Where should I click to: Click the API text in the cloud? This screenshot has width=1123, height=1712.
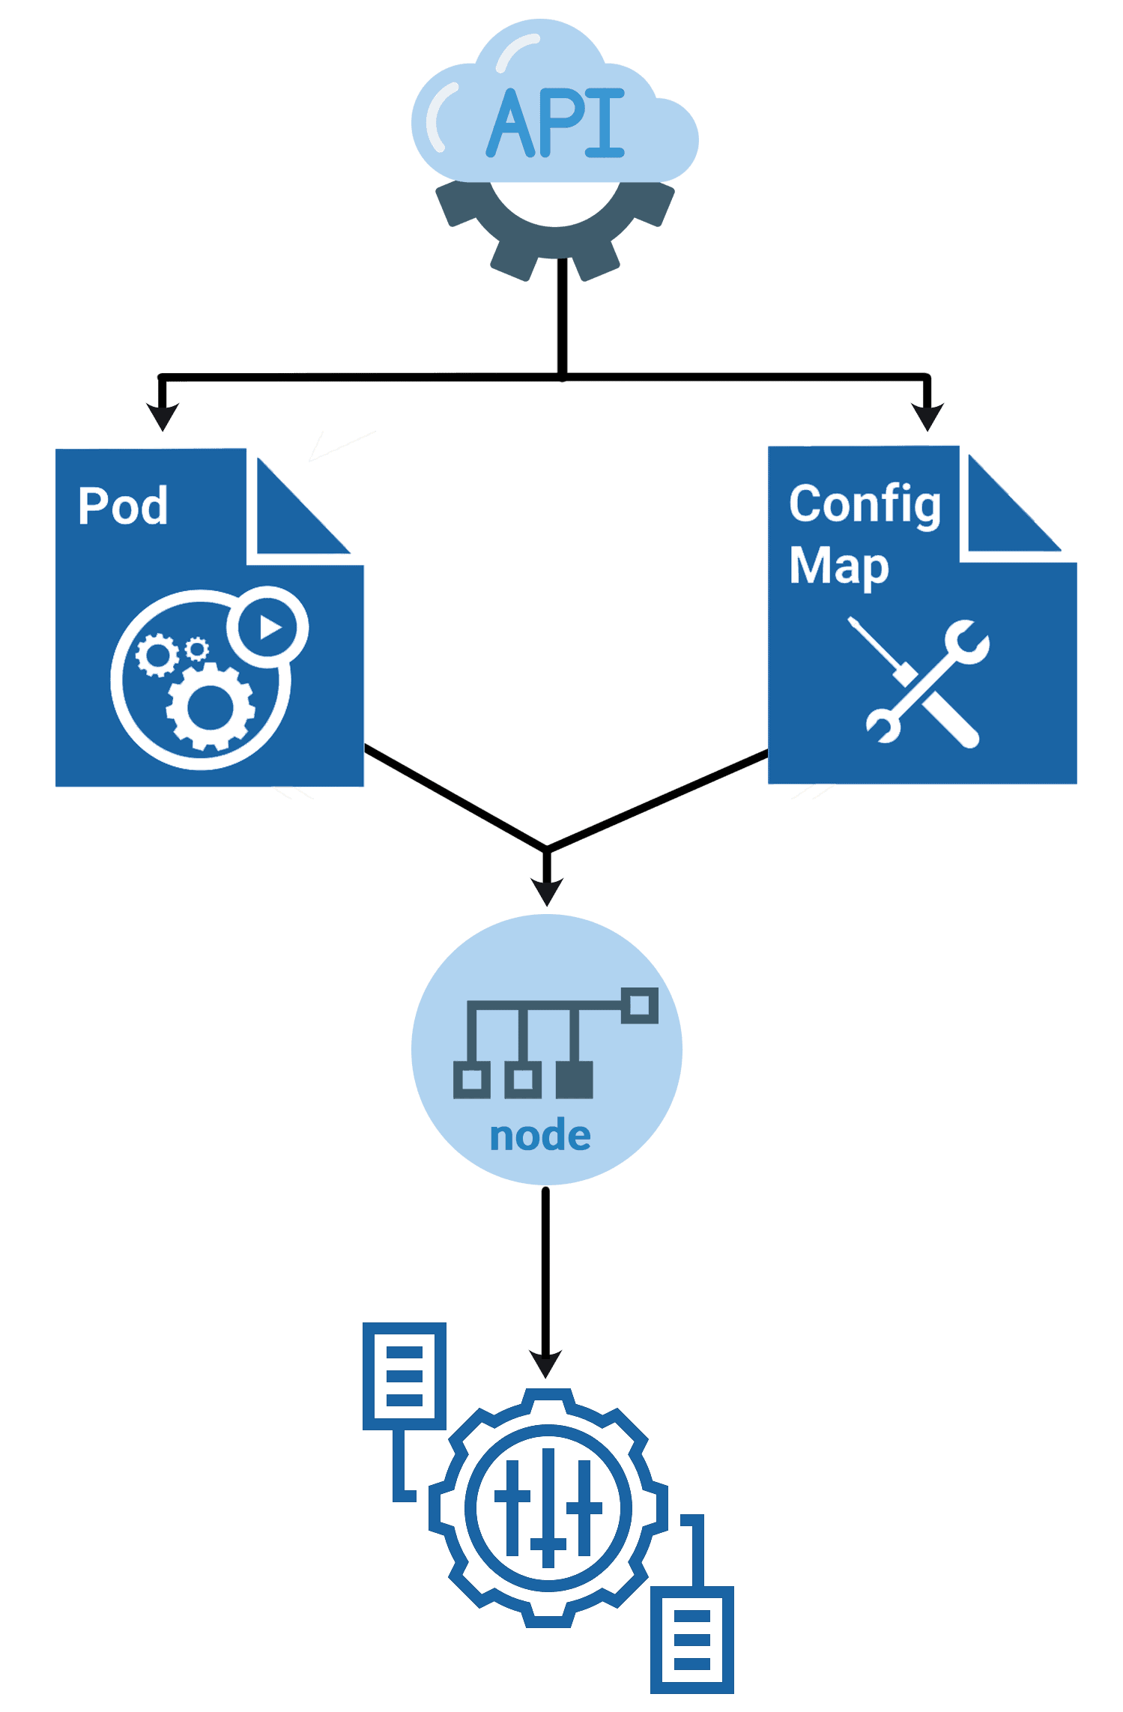(555, 124)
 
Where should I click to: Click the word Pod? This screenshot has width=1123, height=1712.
(123, 506)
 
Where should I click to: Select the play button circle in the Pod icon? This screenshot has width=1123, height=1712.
(267, 626)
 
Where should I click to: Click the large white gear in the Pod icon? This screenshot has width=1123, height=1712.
(210, 707)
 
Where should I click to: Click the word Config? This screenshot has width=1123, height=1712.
(865, 504)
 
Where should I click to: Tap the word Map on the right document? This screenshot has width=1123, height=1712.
(839, 566)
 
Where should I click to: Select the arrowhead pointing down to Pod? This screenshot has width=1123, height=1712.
(162, 416)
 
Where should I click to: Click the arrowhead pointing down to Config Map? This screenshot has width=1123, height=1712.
(927, 416)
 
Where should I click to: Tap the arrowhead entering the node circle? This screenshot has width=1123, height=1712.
(547, 891)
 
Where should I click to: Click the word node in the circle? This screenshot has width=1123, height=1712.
(540, 1136)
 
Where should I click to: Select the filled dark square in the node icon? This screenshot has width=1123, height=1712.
(575, 1080)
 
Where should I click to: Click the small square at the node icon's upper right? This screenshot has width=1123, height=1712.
(640, 1005)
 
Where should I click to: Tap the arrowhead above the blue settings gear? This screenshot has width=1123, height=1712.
(545, 1363)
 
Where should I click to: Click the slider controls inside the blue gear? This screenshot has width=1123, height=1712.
(548, 1507)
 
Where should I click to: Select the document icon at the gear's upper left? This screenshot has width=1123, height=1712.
(405, 1376)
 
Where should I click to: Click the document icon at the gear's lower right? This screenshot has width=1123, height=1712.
(691, 1640)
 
